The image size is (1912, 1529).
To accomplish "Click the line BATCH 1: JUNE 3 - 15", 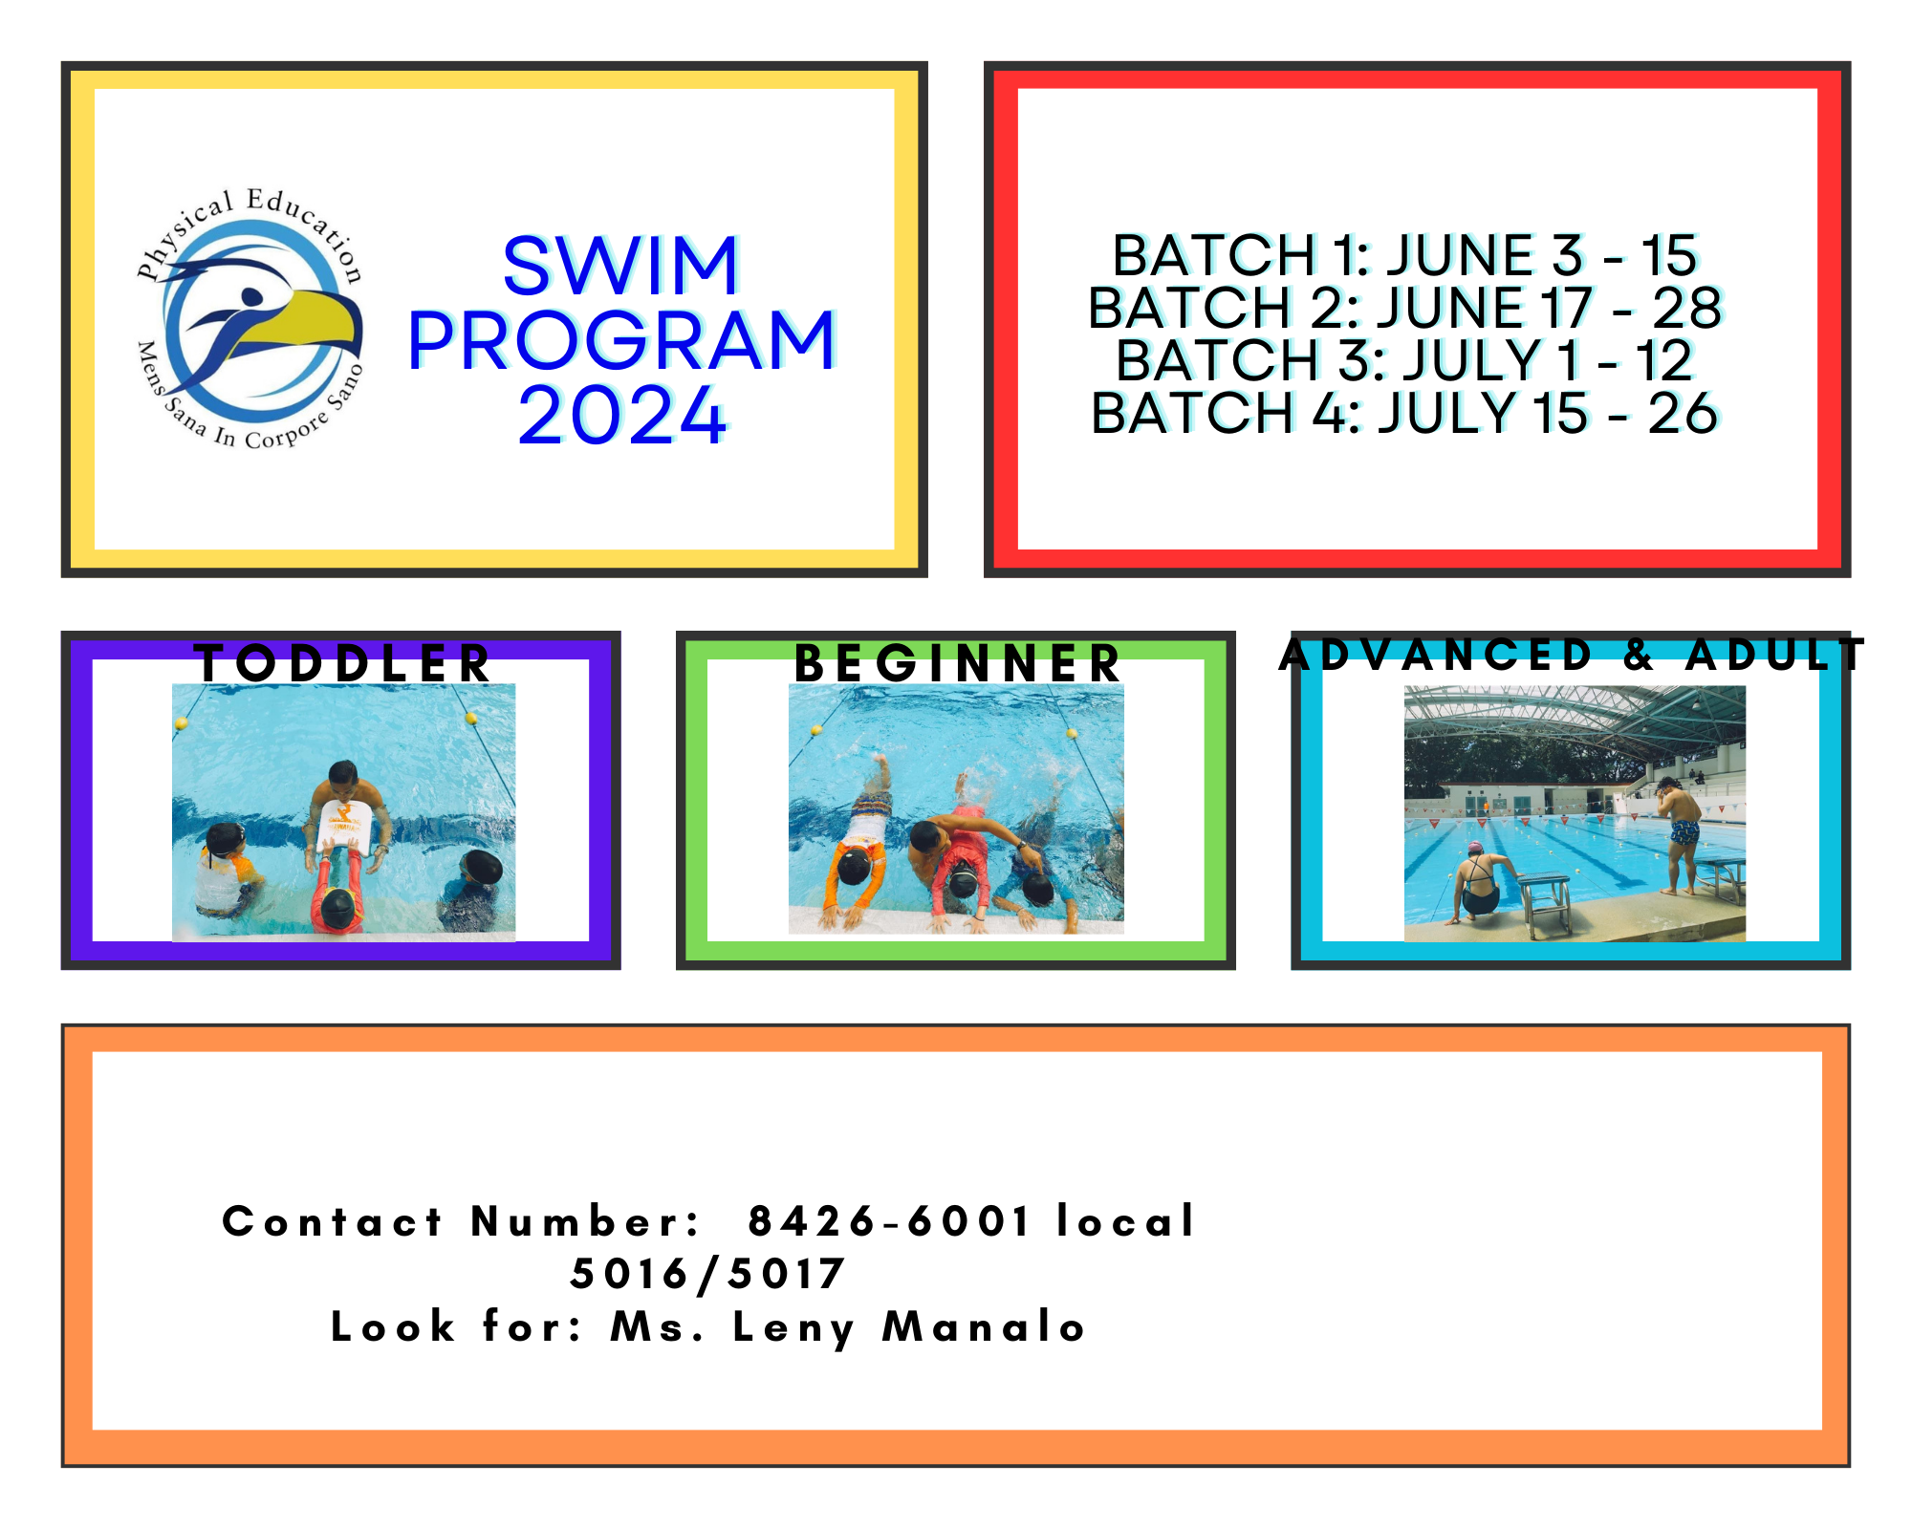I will (x=1404, y=256).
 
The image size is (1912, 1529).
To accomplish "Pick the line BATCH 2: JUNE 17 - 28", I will (x=1404, y=308).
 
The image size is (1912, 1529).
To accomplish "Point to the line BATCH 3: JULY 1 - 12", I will (x=1404, y=360).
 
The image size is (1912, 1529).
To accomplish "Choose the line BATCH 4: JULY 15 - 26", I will (x=1404, y=413).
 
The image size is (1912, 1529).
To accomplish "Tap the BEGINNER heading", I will (x=957, y=663).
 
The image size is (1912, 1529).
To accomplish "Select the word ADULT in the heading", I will (x=1774, y=655).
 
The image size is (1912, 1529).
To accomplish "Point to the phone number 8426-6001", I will (x=889, y=1221).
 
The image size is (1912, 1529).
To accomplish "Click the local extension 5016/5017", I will (x=707, y=1274).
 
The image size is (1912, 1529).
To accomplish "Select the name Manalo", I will (x=984, y=1326).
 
